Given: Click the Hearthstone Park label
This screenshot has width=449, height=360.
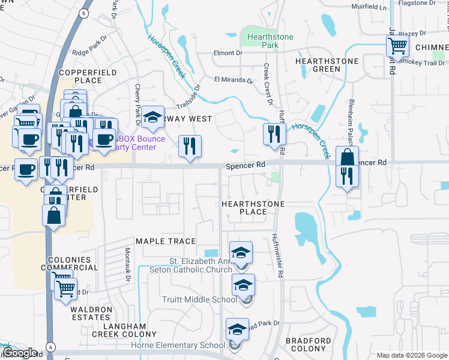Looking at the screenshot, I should pyautogui.click(x=270, y=41).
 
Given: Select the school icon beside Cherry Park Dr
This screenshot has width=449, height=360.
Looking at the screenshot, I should pyautogui.click(x=153, y=118).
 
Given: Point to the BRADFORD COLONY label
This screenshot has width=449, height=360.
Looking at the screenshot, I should pyautogui.click(x=308, y=345).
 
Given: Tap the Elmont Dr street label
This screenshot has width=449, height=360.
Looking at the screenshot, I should pyautogui.click(x=228, y=53).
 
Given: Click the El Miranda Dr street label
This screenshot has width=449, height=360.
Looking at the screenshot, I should pyautogui.click(x=234, y=79).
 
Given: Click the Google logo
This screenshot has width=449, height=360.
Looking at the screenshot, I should pyautogui.click(x=20, y=353).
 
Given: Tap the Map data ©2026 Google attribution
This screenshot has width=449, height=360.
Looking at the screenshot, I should pyautogui.click(x=411, y=355).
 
